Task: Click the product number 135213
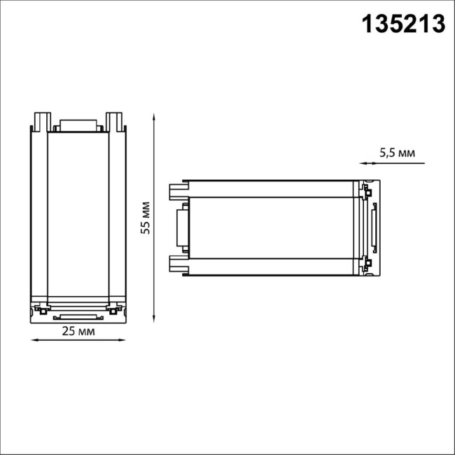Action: click(x=402, y=24)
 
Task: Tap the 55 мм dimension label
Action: click(x=146, y=218)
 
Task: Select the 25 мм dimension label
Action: click(x=78, y=330)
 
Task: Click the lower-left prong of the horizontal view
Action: click(x=178, y=265)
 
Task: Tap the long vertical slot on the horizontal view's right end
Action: click(x=374, y=227)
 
